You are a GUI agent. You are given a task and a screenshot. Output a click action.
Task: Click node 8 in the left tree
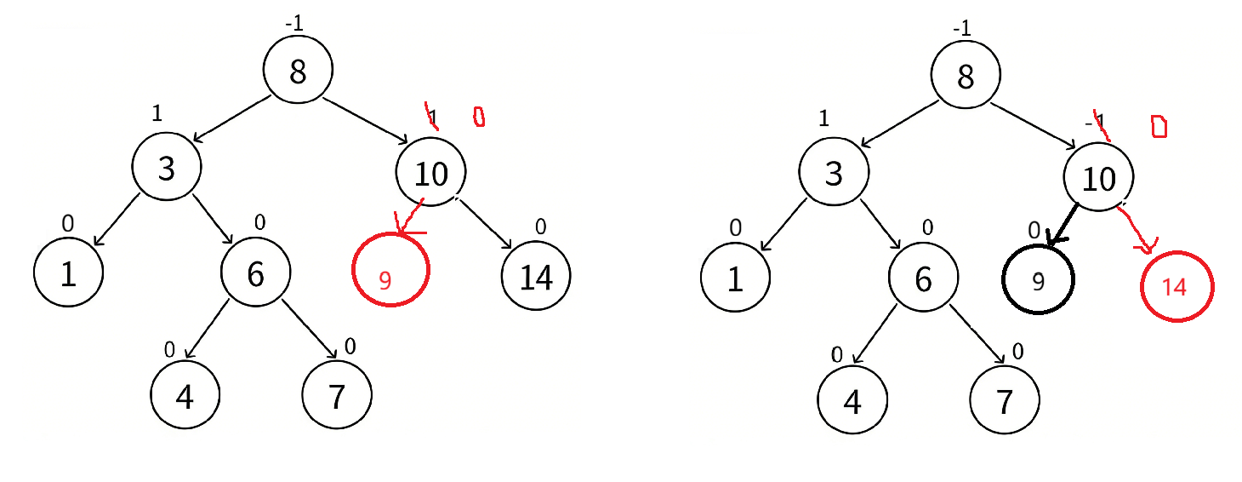pyautogui.click(x=297, y=72)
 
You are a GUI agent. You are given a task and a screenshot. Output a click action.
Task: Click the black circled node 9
pyautogui.click(x=1038, y=279)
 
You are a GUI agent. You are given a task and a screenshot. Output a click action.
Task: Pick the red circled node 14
pyautogui.click(x=1176, y=287)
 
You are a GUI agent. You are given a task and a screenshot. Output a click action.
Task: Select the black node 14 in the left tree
pyautogui.click(x=536, y=277)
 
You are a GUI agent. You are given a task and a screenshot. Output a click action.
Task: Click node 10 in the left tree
pyautogui.click(x=430, y=173)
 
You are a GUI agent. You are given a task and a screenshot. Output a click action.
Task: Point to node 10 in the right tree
pyautogui.click(x=1098, y=178)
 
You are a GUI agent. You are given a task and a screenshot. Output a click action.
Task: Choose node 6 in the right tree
pyautogui.click(x=923, y=278)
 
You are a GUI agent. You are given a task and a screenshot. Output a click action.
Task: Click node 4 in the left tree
pyautogui.click(x=185, y=396)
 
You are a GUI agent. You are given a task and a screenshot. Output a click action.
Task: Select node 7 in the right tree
pyautogui.click(x=1005, y=401)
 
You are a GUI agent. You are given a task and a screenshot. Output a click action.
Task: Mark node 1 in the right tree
pyautogui.click(x=735, y=278)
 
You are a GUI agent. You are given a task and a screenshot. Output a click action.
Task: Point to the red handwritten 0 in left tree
pyautogui.click(x=478, y=116)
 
